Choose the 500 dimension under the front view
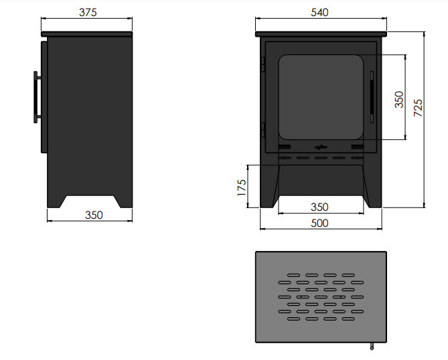[321, 223]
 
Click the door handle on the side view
[35, 97]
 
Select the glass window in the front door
[321, 96]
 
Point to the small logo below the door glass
[321, 145]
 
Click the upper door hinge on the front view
[263, 65]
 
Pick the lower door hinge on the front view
[263, 126]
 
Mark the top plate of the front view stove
[321, 33]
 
